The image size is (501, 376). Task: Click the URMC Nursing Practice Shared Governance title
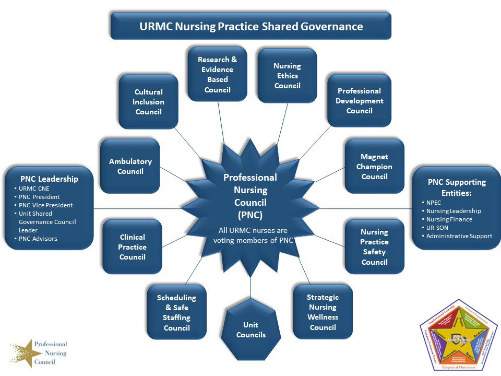251,26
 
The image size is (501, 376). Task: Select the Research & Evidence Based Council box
217,74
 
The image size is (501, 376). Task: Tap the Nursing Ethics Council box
287,76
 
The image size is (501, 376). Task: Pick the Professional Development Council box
359,101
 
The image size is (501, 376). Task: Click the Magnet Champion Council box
374,167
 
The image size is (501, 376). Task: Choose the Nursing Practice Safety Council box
374,246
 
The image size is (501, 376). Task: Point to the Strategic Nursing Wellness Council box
323,312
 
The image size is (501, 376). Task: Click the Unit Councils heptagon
251,330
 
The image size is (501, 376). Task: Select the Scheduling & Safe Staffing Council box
176,312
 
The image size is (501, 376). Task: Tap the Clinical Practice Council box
132,246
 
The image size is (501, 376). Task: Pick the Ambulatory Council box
130,166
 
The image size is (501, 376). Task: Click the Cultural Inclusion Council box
148,102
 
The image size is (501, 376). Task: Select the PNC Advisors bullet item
38,239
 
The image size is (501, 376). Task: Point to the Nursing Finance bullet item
449,219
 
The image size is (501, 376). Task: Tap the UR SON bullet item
437,228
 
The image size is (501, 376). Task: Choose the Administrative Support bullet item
459,236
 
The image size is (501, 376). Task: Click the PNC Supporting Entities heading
457,187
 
